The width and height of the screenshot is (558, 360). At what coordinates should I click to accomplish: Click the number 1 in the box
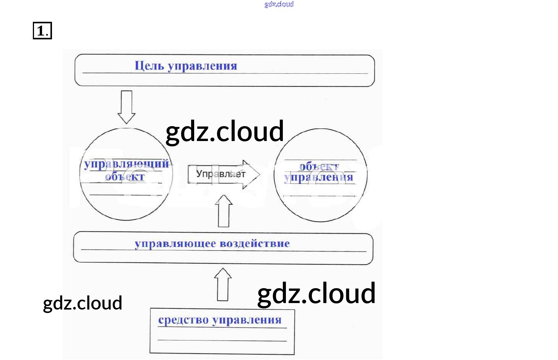point(41,31)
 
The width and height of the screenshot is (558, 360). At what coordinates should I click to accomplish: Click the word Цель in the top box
point(149,66)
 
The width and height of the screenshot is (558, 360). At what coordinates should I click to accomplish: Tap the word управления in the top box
point(203,66)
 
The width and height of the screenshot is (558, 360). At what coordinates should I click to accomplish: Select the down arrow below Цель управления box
point(127,107)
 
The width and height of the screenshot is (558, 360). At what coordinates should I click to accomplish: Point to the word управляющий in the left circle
point(127,164)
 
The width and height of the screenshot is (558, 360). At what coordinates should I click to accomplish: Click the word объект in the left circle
point(125,177)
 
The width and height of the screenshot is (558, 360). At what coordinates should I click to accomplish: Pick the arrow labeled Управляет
point(224,174)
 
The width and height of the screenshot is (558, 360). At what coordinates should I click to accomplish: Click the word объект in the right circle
point(319,167)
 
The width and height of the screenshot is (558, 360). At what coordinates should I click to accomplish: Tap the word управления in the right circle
point(319,178)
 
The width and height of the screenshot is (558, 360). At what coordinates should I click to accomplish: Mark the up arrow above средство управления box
point(223,285)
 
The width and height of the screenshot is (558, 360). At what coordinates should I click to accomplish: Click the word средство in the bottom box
point(183,320)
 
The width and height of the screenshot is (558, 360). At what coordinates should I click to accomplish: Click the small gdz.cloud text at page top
point(279,4)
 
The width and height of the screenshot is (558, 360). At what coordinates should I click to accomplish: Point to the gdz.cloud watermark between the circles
point(225,131)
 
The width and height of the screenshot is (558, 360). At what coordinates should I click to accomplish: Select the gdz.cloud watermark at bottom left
point(83,303)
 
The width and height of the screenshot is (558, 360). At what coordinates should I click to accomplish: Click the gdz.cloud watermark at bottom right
point(316,294)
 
